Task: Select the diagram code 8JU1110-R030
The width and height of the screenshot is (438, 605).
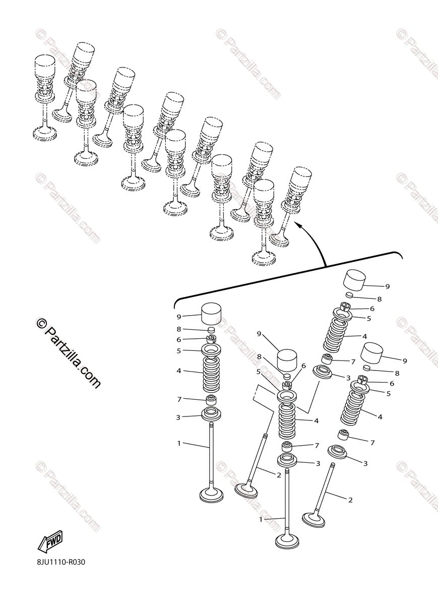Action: click(61, 570)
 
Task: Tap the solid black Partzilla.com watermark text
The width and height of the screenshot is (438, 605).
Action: click(68, 353)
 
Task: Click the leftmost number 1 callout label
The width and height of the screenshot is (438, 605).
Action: click(179, 443)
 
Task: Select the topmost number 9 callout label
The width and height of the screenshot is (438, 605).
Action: click(388, 286)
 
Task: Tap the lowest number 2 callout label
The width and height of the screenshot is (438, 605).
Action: click(350, 500)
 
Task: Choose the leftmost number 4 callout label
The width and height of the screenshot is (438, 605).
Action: click(179, 371)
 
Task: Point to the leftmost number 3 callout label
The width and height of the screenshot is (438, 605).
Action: click(178, 417)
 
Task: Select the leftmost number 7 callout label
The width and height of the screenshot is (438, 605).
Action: click(179, 399)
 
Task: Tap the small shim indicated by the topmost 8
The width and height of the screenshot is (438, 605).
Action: click(350, 294)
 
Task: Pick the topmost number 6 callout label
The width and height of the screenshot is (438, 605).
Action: click(372, 309)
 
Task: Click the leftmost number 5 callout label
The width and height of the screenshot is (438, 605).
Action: click(179, 351)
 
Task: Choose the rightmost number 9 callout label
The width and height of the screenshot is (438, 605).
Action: click(405, 361)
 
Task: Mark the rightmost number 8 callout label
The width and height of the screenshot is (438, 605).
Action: click(397, 373)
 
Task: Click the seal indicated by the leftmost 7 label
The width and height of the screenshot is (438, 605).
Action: click(211, 400)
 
